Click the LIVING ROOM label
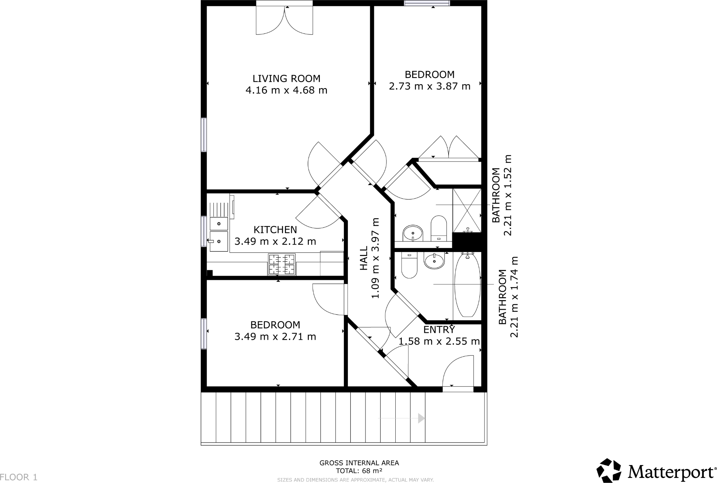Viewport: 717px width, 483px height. click(286, 78)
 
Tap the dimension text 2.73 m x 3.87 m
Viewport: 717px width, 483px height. click(429, 86)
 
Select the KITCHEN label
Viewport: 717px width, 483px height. click(275, 230)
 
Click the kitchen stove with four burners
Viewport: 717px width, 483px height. click(282, 264)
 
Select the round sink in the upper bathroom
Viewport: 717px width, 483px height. click(413, 233)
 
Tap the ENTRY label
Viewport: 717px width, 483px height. click(439, 329)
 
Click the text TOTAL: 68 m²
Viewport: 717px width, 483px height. click(359, 471)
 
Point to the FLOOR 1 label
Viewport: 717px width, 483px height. click(19, 477)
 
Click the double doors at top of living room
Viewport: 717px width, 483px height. click(284, 20)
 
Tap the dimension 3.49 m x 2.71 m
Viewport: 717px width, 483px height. click(275, 336)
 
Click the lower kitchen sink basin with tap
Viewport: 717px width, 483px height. click(219, 241)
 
